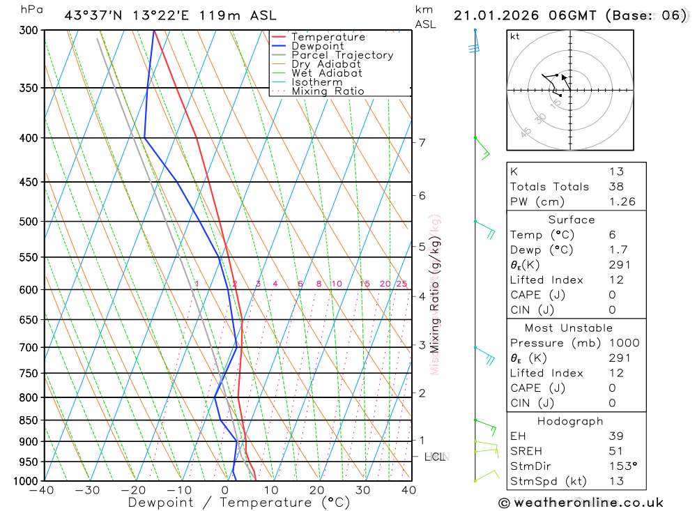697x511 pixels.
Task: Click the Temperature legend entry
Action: [328, 37]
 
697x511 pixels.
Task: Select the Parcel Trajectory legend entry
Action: [342, 55]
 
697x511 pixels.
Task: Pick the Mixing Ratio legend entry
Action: [328, 91]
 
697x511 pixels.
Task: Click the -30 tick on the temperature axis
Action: [88, 490]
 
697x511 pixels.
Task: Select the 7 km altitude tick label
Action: [422, 142]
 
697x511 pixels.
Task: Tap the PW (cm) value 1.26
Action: [622, 201]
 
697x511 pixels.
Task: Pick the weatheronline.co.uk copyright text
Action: [581, 503]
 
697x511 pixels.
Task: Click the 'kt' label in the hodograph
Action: [515, 36]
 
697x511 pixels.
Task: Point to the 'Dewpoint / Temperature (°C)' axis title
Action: [239, 503]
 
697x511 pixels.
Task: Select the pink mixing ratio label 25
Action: [401, 284]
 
